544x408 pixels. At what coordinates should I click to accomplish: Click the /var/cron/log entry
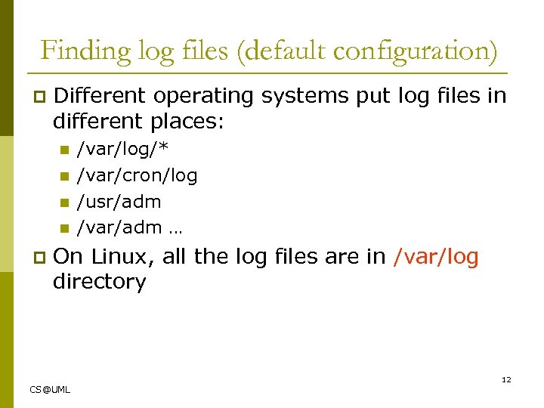(x=138, y=176)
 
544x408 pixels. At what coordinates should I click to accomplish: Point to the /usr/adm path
(x=119, y=202)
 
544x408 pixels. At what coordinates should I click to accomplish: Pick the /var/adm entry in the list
(x=119, y=227)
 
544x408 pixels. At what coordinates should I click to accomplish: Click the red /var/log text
(x=436, y=257)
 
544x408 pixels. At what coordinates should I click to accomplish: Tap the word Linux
(x=120, y=257)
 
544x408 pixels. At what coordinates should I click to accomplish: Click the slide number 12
(x=506, y=379)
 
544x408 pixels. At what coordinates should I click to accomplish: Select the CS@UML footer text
(x=50, y=389)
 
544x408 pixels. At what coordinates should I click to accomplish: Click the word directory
(x=99, y=282)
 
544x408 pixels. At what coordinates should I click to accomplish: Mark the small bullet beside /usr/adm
(x=64, y=202)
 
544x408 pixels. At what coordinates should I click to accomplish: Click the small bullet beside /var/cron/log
(x=64, y=177)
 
